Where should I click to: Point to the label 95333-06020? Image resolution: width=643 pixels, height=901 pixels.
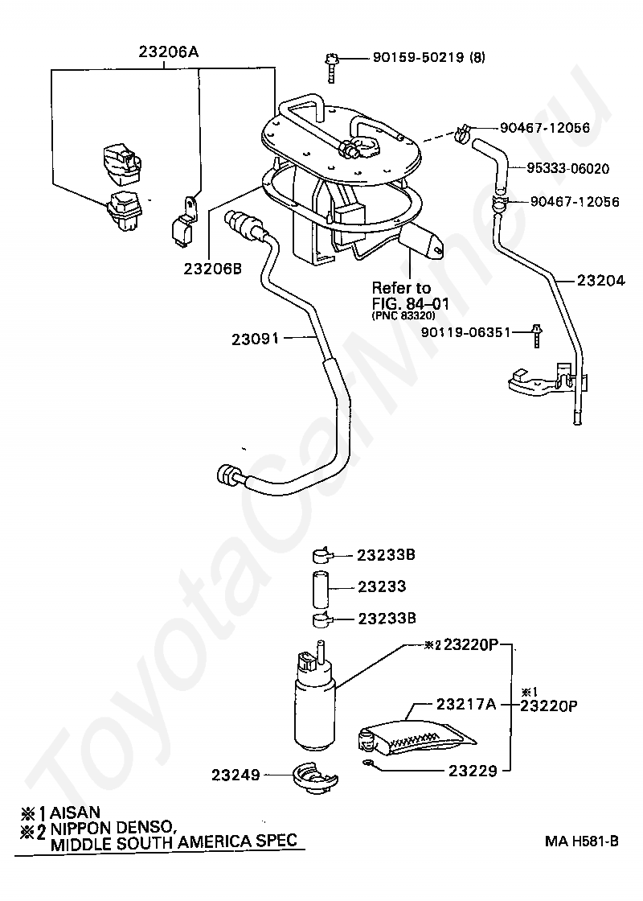pos(567,169)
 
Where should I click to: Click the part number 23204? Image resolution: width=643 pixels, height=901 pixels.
pos(600,281)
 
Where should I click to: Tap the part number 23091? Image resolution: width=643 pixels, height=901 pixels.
pos(252,339)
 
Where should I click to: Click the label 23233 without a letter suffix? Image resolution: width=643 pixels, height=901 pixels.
pos(381,587)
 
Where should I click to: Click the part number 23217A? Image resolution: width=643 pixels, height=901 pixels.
pos(465,704)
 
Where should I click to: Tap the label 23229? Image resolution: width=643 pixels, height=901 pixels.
pos(465,769)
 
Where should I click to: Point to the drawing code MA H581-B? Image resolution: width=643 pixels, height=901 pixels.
pos(581,841)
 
